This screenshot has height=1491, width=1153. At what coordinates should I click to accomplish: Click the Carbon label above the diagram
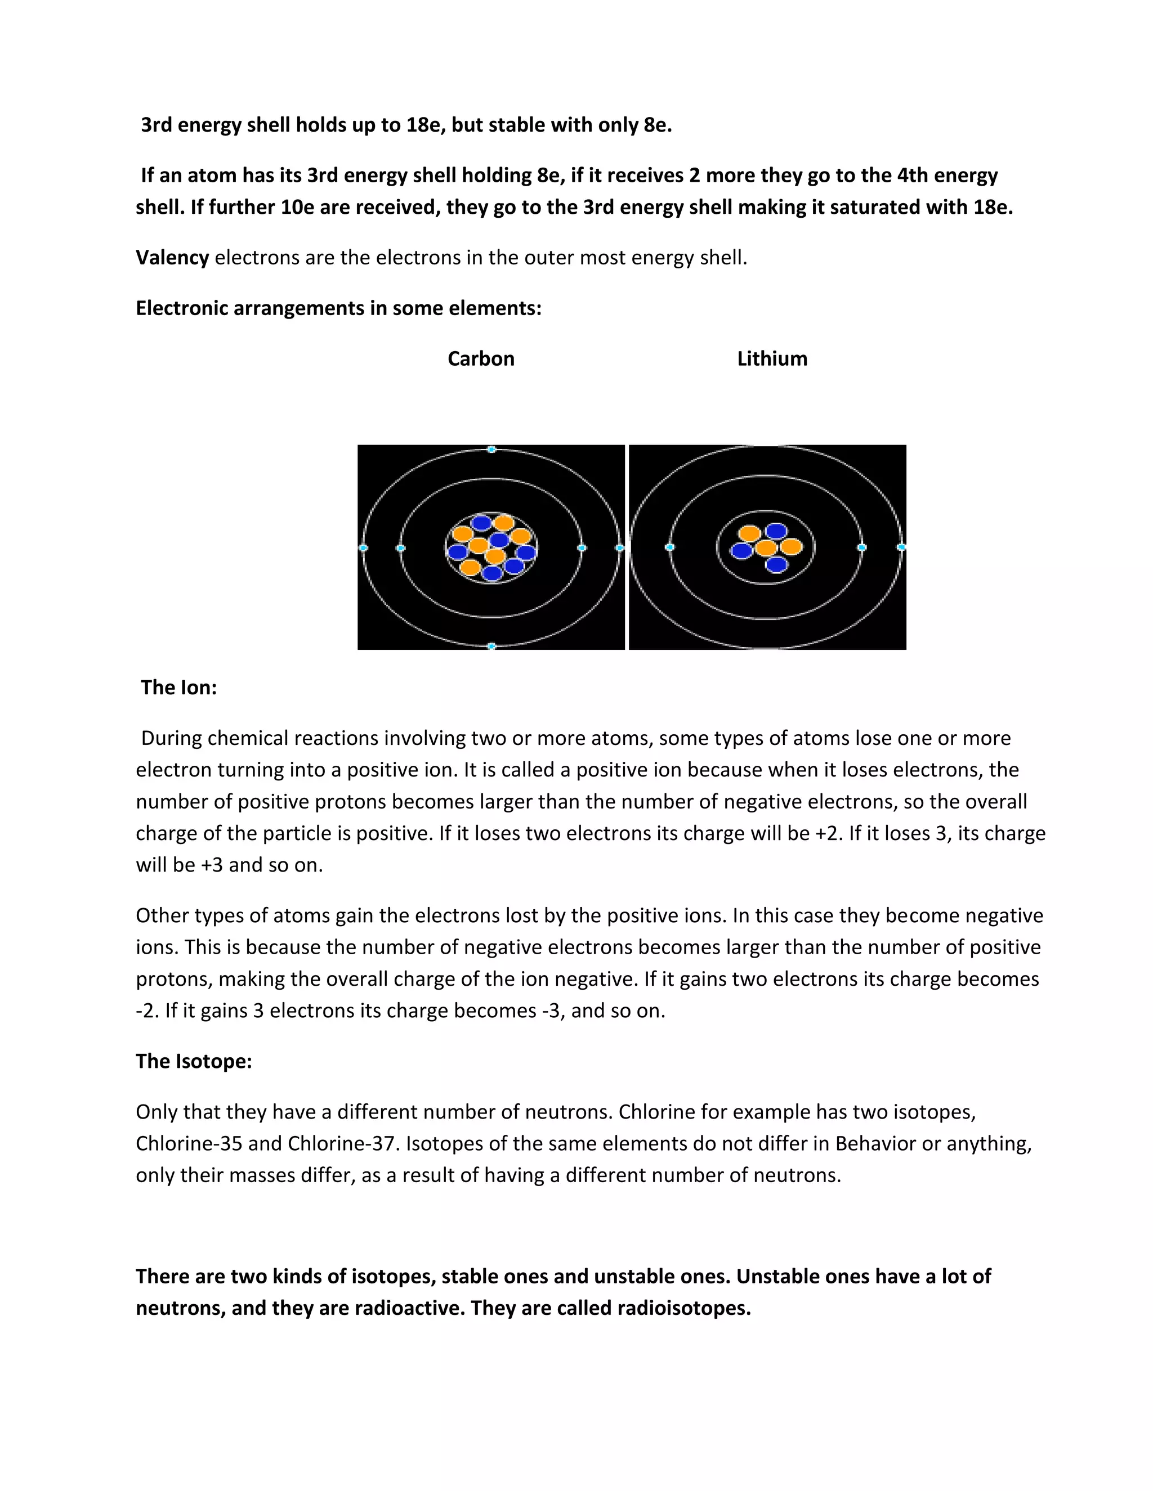click(481, 358)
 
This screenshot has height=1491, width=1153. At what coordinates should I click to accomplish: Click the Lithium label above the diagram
click(772, 358)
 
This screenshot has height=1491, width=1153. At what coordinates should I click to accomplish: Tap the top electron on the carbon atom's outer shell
click(491, 449)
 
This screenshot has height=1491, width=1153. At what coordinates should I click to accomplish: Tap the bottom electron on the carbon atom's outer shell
click(491, 646)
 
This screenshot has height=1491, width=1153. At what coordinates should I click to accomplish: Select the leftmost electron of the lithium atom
click(669, 547)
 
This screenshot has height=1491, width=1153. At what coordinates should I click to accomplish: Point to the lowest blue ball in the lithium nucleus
click(776, 564)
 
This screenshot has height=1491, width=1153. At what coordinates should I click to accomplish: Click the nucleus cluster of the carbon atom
click(491, 547)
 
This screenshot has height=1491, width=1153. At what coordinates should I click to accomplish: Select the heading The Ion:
click(179, 688)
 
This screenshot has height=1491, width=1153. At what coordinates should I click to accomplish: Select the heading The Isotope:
click(194, 1061)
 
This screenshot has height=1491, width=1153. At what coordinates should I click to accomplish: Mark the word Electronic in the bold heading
click(182, 308)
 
